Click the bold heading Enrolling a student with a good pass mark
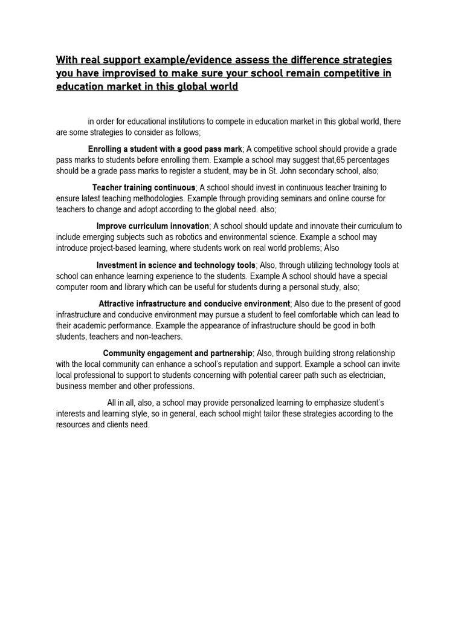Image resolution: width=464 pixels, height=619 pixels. click(166, 149)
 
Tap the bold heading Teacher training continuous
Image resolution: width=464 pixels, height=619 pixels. click(144, 187)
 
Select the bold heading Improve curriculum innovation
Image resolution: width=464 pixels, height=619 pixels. click(153, 226)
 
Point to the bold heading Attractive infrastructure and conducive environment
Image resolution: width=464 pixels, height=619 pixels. click(195, 303)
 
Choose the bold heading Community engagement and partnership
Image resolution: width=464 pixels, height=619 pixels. click(178, 353)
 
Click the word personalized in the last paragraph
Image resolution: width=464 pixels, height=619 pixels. click(246, 403)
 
